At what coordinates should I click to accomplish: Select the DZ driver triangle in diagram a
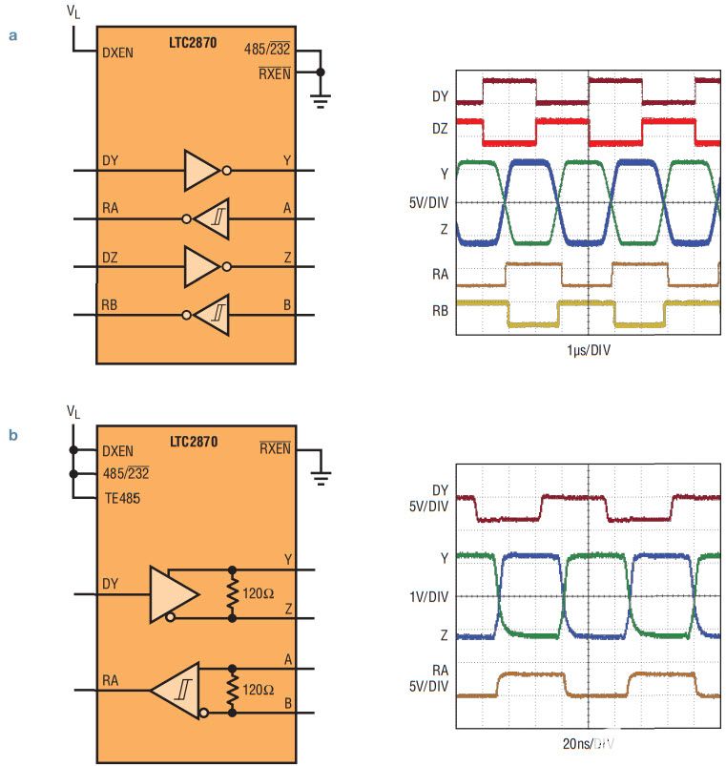(201, 266)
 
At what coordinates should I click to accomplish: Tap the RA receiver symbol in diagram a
(212, 218)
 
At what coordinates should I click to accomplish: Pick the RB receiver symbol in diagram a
(212, 314)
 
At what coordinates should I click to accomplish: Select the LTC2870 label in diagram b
(194, 442)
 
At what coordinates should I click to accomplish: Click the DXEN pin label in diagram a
(117, 53)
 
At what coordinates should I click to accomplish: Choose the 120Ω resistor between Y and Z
(232, 594)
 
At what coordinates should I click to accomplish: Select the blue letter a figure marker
(13, 36)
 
